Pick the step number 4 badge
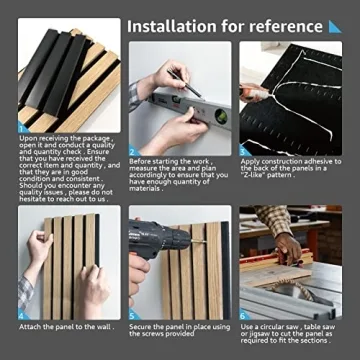click(x=24, y=314)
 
